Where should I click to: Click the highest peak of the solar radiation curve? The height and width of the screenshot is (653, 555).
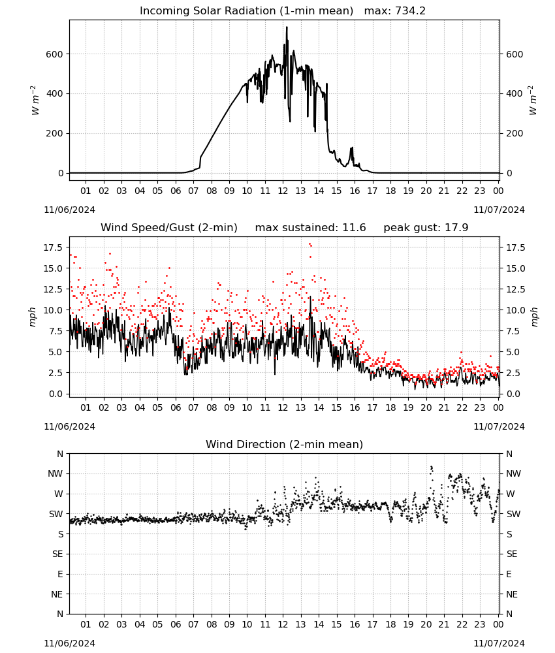click(x=287, y=27)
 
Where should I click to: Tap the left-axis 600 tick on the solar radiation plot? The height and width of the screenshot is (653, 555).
click(x=55, y=54)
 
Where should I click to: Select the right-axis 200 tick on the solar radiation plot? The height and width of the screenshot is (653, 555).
click(x=515, y=134)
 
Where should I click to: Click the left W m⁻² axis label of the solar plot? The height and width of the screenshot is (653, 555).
click(x=35, y=101)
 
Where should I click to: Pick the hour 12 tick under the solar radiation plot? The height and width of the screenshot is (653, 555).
click(x=283, y=191)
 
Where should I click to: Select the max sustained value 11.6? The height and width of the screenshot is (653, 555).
click(x=354, y=228)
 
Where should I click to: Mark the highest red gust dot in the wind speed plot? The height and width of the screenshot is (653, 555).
click(x=309, y=244)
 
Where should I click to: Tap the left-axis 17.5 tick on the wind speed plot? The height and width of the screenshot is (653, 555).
click(x=53, y=247)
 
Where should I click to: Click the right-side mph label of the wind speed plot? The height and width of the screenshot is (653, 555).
click(x=534, y=317)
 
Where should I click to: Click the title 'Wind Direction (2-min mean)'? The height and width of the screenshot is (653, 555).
click(x=285, y=444)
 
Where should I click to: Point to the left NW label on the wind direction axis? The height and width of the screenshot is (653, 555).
click(x=55, y=474)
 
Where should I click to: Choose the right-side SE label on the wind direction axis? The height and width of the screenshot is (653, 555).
click(x=512, y=554)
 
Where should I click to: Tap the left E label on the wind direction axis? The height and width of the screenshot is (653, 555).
click(x=60, y=574)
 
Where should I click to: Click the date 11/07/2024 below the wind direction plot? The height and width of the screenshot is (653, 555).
click(x=499, y=643)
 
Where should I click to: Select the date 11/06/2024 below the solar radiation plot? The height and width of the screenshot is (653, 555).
click(x=69, y=210)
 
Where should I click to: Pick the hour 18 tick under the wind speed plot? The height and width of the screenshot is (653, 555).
click(x=390, y=407)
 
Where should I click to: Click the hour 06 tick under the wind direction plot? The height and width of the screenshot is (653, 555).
click(x=175, y=625)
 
